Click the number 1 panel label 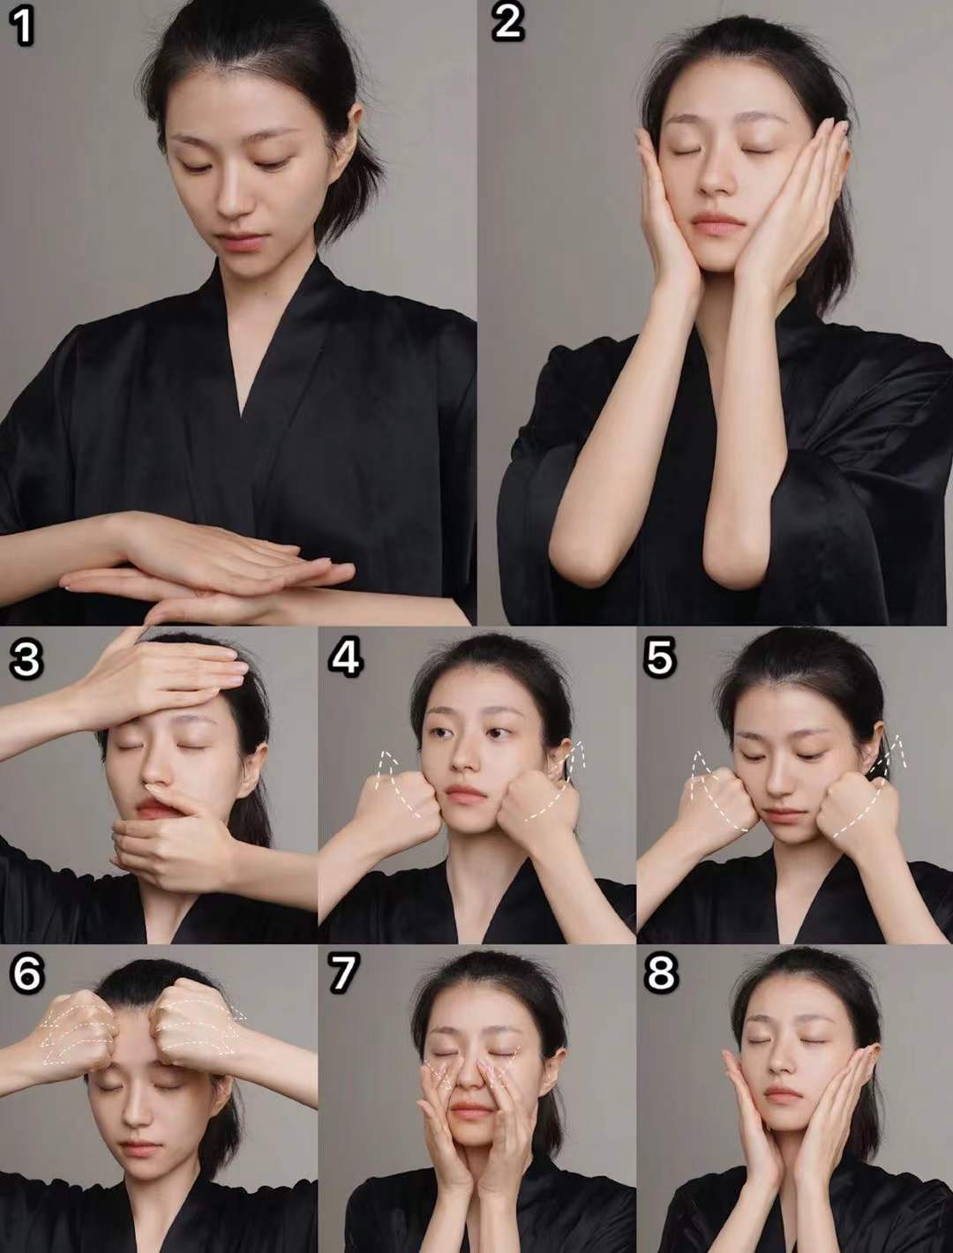tap(21, 26)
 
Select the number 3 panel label tap(26, 658)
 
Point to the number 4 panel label tap(345, 658)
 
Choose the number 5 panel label tap(659, 658)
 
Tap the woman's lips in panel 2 tap(717, 222)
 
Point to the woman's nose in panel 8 tap(783, 1068)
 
